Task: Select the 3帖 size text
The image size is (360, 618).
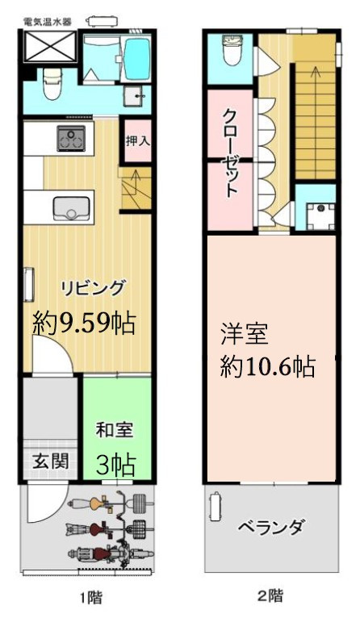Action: pyautogui.click(x=114, y=465)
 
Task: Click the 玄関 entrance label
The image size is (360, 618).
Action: pyautogui.click(x=48, y=462)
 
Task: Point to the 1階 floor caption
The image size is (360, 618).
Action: pyautogui.click(x=90, y=598)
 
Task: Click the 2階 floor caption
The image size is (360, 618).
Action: pyautogui.click(x=270, y=597)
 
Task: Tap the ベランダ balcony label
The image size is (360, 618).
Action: pyautogui.click(x=271, y=528)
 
